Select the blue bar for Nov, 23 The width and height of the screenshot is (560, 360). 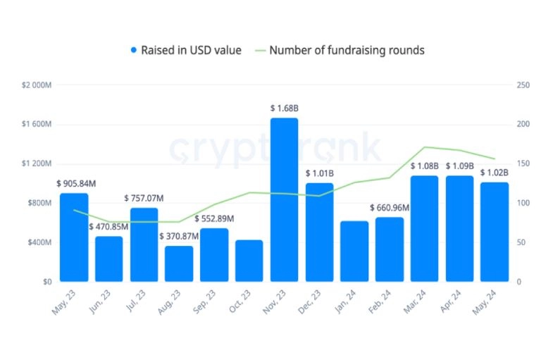[x=285, y=199]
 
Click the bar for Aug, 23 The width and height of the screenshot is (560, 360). [x=179, y=263]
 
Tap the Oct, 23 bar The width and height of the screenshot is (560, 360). [x=249, y=261]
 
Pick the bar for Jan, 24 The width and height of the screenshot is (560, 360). [x=354, y=252]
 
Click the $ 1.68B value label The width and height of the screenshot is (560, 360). [x=285, y=108]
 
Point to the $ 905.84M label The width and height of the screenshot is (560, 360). [x=76, y=184]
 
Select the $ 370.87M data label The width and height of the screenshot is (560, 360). [x=179, y=236]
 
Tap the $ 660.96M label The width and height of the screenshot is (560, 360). [x=390, y=208]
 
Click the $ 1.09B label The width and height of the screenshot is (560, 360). [x=460, y=166]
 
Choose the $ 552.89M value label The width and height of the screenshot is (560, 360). [x=214, y=218]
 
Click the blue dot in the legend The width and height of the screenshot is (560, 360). [x=134, y=50]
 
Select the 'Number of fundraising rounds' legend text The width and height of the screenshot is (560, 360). [x=347, y=50]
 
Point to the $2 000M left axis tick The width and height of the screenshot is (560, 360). [x=37, y=85]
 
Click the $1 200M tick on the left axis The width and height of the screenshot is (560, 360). [x=37, y=163]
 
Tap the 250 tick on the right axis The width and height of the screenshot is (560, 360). [x=523, y=85]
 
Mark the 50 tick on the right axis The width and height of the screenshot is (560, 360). [x=521, y=242]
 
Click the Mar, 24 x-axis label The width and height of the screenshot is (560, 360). [x=415, y=302]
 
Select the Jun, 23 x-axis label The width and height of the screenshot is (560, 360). [x=99, y=302]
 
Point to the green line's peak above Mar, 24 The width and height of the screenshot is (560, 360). [x=425, y=147]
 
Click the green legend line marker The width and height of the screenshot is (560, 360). [x=261, y=51]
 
